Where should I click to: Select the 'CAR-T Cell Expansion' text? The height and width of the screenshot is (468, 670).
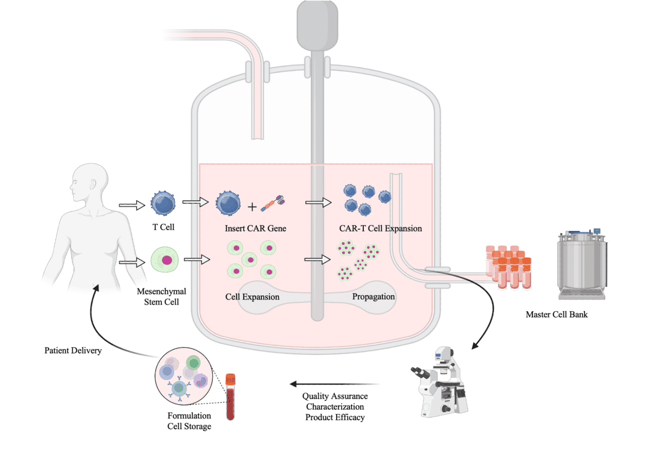click(380, 228)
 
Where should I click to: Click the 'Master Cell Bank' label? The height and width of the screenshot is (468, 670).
click(556, 314)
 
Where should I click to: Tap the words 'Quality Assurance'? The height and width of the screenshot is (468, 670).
click(335, 396)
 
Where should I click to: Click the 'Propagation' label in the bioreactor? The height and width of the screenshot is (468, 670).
click(373, 296)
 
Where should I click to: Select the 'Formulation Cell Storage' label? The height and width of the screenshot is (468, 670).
click(189, 421)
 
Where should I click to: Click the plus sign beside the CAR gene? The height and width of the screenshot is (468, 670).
click(252, 207)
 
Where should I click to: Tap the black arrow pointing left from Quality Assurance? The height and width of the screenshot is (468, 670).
click(335, 384)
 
